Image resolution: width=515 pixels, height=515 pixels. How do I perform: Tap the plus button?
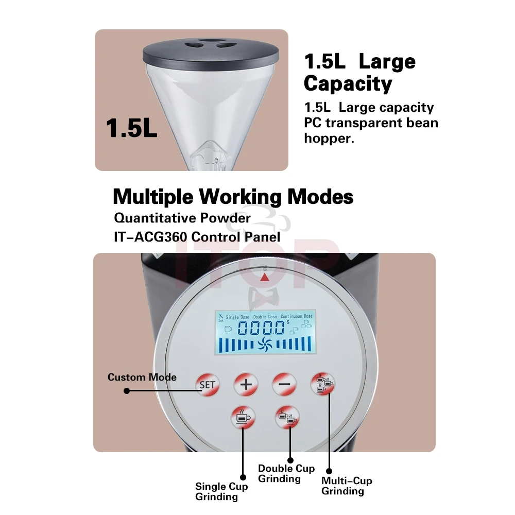pyautogui.click(x=246, y=385)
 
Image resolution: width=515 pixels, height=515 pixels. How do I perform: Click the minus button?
pyautogui.click(x=284, y=384)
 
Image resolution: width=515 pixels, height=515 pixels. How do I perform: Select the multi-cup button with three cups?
pyautogui.click(x=323, y=384)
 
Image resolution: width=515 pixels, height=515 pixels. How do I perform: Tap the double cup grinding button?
pyautogui.click(x=287, y=418)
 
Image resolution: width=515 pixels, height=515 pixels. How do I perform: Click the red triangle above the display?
pyautogui.click(x=265, y=278)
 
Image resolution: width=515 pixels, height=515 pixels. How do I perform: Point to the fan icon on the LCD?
pyautogui.click(x=265, y=344)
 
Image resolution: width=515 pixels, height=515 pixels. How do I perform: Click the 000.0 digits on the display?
pyautogui.click(x=262, y=328)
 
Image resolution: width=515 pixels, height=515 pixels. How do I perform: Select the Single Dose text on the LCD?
pyautogui.click(x=237, y=317)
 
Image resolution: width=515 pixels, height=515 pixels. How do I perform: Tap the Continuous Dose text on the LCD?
pyautogui.click(x=297, y=316)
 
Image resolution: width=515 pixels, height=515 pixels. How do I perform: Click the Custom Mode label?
pyautogui.click(x=142, y=377)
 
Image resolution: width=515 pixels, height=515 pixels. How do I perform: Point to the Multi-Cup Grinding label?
pyautogui.click(x=347, y=486)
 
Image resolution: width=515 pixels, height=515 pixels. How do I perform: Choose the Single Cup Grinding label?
pyautogui.click(x=221, y=491)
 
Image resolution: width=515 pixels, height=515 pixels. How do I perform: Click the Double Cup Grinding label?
pyautogui.click(x=286, y=473)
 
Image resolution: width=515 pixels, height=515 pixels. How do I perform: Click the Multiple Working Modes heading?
pyautogui.click(x=233, y=196)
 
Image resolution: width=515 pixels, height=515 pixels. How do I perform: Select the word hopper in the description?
pyautogui.click(x=329, y=138)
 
